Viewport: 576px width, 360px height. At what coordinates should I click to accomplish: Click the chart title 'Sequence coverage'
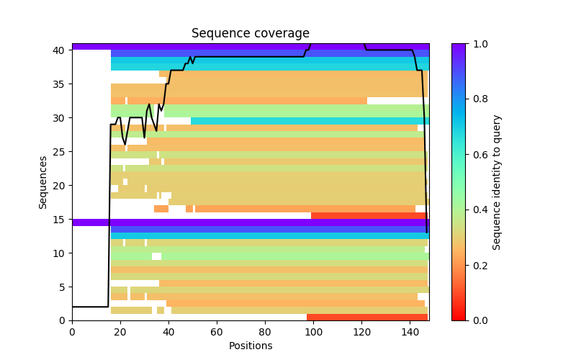[250, 33]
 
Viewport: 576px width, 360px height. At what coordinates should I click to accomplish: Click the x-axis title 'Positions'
[250, 346]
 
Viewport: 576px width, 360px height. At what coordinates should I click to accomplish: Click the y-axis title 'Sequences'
[44, 182]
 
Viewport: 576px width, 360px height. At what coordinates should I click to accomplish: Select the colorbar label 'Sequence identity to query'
[497, 182]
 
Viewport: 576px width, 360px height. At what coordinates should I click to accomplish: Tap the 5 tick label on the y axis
[62, 287]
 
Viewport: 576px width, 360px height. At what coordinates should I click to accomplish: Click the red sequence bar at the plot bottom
[367, 317]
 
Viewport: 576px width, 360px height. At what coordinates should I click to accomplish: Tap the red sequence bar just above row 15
[369, 215]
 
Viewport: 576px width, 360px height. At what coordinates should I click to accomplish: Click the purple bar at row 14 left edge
[90, 222]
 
